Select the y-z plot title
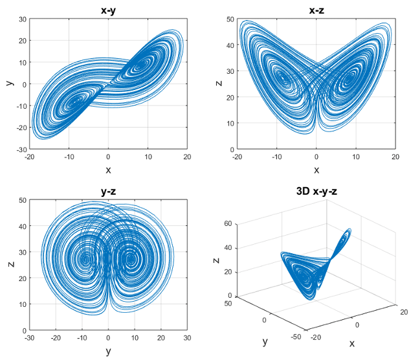point(108,191)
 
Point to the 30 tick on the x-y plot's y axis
point(21,19)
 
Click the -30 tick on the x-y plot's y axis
point(20,150)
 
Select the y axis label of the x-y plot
point(9,84)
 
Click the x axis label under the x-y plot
point(108,170)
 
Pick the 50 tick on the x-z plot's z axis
point(229,19)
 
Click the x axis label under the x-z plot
point(316,170)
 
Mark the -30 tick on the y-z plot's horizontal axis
point(29,338)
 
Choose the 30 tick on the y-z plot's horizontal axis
point(187,338)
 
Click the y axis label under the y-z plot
point(108,351)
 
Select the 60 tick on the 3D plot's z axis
point(227,224)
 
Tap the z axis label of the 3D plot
point(216,260)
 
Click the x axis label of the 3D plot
point(352,343)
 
